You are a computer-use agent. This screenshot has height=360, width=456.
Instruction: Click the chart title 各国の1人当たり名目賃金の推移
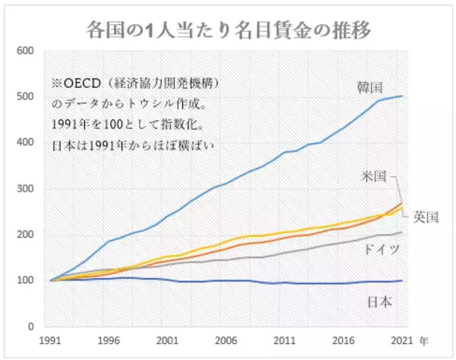pos(228,29)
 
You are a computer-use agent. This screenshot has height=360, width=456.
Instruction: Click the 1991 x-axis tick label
pos(51,341)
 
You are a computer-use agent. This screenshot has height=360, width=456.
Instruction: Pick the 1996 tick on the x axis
pos(110,341)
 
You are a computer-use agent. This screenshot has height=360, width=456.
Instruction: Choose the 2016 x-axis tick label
pos(344,341)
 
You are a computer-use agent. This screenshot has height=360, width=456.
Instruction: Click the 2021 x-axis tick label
pos(402,341)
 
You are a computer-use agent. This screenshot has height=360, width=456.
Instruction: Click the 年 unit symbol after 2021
pos(425,341)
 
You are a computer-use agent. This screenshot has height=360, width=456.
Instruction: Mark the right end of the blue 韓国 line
pos(402,96)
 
